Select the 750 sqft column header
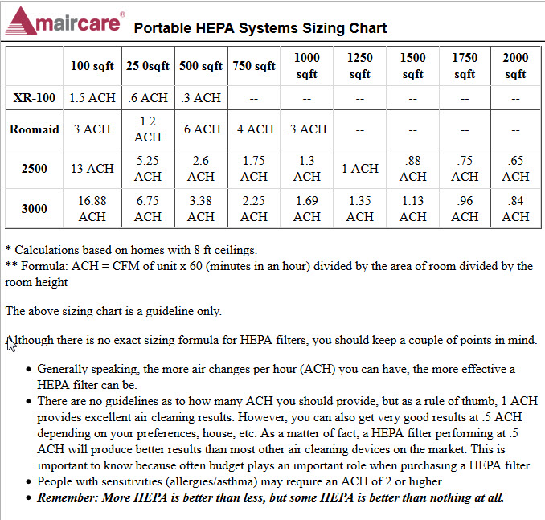click(x=254, y=66)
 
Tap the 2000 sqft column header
click(x=515, y=66)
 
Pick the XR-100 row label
click(x=34, y=98)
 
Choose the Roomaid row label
click(x=34, y=129)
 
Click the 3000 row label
click(x=34, y=208)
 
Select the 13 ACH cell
click(x=92, y=169)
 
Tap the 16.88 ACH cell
click(x=92, y=208)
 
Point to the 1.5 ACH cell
click(x=92, y=98)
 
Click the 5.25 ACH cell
click(x=148, y=169)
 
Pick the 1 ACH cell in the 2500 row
click(x=360, y=169)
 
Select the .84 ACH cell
click(x=515, y=208)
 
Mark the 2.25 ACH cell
click(x=254, y=208)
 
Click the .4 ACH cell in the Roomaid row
click(x=254, y=129)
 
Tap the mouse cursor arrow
click(x=10, y=344)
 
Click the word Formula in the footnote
click(x=44, y=266)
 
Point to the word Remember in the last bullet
click(x=68, y=497)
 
